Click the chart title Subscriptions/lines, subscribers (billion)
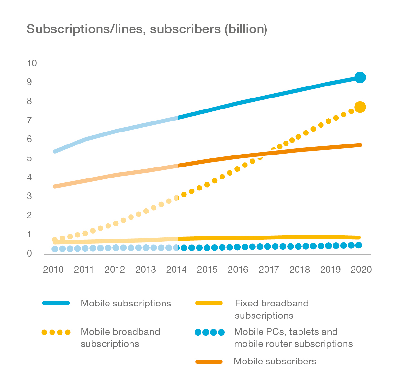(147, 29)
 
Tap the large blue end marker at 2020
(360, 77)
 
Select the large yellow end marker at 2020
(360, 107)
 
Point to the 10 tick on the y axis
(32, 63)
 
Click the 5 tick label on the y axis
(29, 158)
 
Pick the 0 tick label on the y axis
(29, 253)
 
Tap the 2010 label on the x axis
(53, 270)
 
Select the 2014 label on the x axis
(176, 270)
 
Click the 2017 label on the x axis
(269, 270)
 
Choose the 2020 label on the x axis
(361, 270)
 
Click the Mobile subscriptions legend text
(126, 303)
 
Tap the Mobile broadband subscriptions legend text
(120, 338)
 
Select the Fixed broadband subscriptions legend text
(272, 309)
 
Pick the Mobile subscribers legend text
(275, 361)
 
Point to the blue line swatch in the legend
(56, 303)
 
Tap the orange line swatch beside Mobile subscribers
(209, 362)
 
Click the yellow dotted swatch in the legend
(56, 332)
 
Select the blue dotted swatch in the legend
(209, 332)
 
